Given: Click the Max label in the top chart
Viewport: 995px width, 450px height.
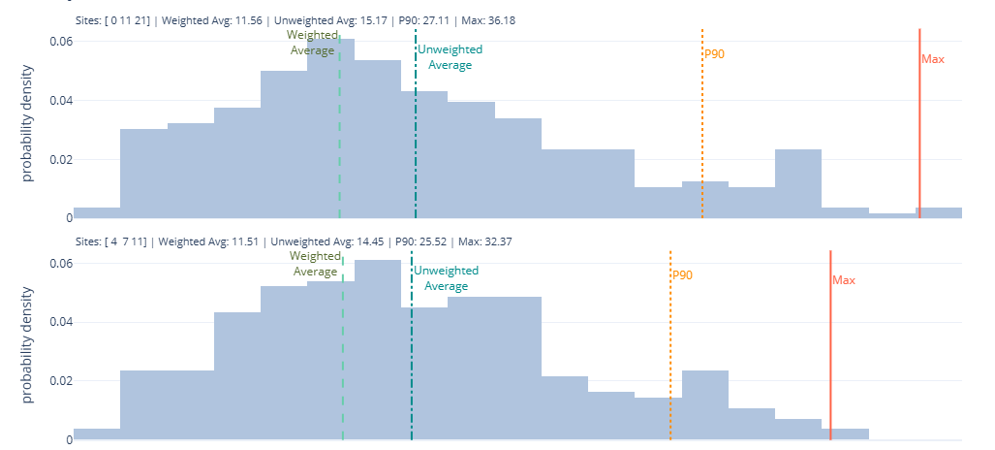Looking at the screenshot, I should (x=933, y=59).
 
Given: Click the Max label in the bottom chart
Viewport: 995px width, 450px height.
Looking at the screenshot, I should (x=844, y=280).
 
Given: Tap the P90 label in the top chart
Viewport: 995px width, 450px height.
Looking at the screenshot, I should (x=714, y=54).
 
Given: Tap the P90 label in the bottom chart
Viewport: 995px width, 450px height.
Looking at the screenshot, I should (x=682, y=275).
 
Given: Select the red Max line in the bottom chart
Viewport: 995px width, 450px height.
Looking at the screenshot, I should (x=830, y=349).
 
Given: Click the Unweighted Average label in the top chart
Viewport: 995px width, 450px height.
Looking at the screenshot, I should (x=450, y=57).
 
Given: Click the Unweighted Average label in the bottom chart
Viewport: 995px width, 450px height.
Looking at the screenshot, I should (x=447, y=278).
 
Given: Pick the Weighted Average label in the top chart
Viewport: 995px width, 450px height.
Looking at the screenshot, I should (x=312, y=43).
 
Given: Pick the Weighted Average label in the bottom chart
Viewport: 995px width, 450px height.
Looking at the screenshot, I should (x=315, y=264).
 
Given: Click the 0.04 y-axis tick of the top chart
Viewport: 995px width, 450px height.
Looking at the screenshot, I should (x=60, y=100).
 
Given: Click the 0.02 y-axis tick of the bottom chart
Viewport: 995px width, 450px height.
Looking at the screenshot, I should (x=60, y=380).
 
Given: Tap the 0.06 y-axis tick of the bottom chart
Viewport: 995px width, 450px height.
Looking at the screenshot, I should (x=60, y=263).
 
